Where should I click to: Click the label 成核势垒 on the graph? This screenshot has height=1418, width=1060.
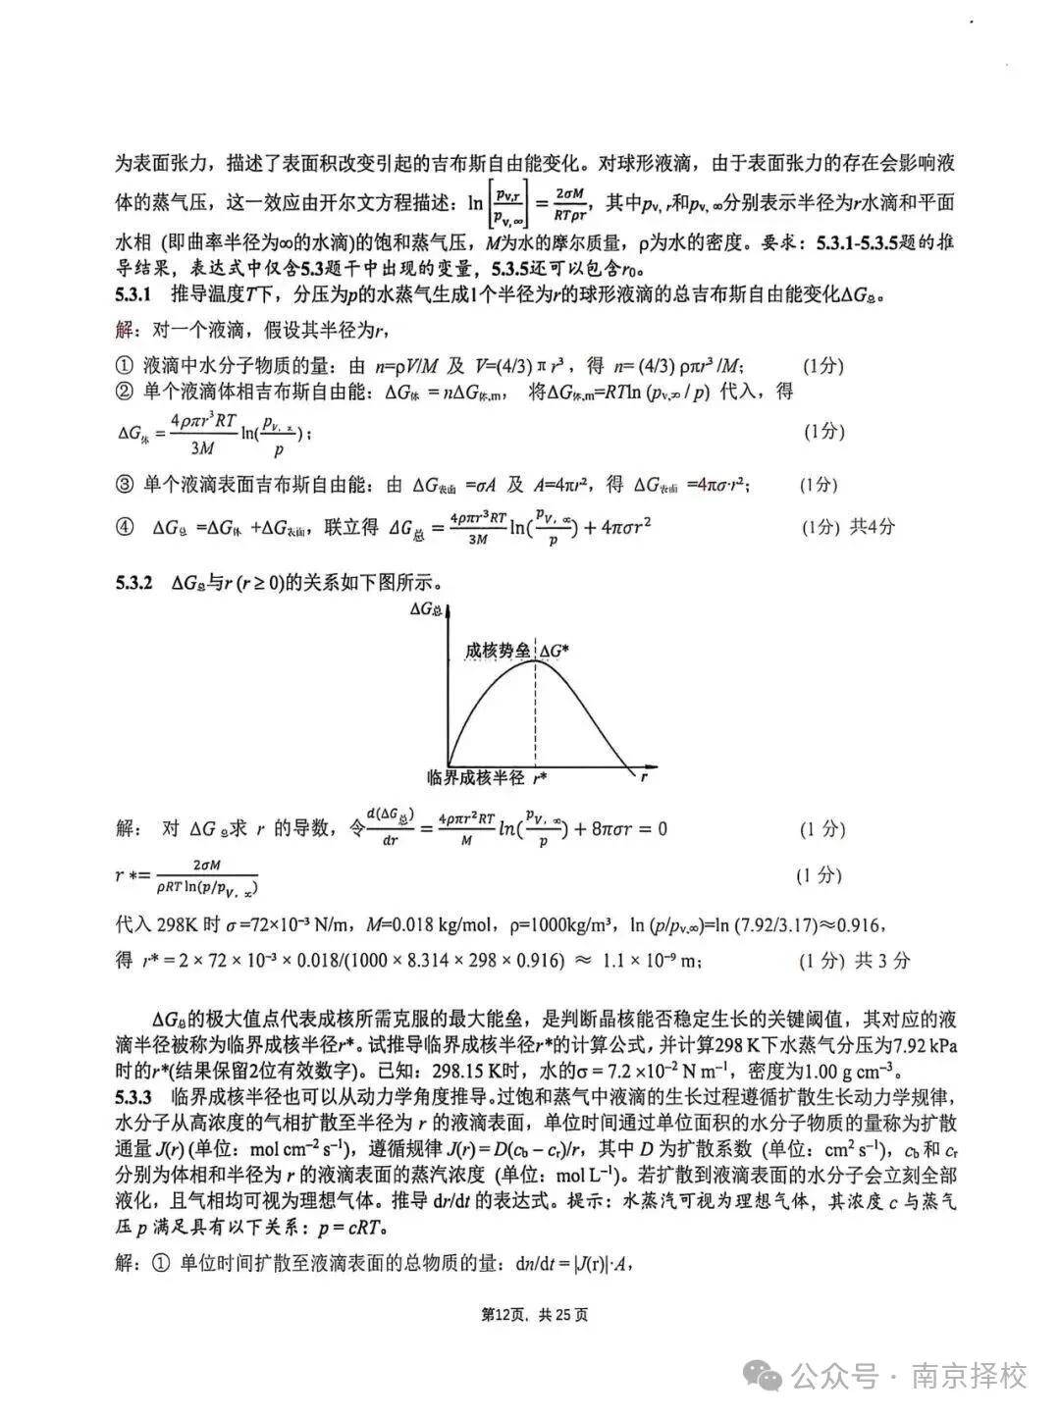pyautogui.click(x=498, y=650)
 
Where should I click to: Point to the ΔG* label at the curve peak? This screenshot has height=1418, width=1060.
pyautogui.click(x=556, y=650)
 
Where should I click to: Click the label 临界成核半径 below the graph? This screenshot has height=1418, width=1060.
pyautogui.click(x=477, y=777)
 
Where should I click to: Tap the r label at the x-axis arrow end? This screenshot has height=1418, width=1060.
pyautogui.click(x=644, y=777)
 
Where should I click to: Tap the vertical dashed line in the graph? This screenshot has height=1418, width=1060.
pyautogui.click(x=536, y=716)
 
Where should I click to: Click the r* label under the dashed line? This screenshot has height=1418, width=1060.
pyautogui.click(x=539, y=778)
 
